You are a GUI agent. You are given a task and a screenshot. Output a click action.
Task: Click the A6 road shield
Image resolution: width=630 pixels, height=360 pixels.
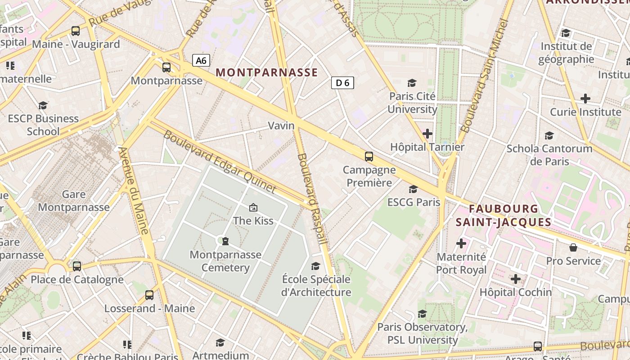point(201,60)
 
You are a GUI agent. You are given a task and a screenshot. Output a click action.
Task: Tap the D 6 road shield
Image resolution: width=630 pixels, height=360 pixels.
point(342,82)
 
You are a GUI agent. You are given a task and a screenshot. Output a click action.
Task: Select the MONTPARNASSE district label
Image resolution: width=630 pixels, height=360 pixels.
point(267,72)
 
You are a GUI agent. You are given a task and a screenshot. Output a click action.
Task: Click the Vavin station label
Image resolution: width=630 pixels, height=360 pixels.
point(281,126)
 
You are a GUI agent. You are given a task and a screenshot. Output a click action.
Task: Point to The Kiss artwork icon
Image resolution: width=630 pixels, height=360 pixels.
point(253,207)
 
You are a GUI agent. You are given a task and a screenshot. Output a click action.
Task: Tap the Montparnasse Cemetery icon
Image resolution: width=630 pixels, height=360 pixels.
point(225,241)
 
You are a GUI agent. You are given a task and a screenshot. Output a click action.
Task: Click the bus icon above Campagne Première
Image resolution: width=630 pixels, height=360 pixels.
point(369,157)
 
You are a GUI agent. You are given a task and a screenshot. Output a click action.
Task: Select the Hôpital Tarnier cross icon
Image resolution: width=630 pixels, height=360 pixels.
point(427,134)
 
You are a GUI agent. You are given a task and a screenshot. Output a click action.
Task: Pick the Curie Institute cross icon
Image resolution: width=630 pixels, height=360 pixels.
point(585,99)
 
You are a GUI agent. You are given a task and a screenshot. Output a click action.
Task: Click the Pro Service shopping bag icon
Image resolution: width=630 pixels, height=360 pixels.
point(573,247)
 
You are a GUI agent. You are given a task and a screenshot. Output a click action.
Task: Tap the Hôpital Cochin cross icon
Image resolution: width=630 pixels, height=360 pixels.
point(516,279)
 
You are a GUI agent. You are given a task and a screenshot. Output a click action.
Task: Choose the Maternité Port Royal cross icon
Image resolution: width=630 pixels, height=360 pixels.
point(461,243)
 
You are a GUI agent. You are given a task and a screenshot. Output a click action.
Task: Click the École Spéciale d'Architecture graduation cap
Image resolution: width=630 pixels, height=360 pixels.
point(316,266)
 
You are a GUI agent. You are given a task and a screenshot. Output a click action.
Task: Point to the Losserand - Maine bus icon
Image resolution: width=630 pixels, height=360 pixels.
point(149,295)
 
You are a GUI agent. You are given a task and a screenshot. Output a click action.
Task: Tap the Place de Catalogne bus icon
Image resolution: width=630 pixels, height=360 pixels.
point(77,266)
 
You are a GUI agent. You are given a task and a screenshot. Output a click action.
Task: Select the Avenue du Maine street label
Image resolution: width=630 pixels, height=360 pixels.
point(135,191)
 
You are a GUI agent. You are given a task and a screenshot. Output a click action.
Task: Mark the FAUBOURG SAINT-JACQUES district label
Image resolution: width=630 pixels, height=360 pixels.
point(504,215)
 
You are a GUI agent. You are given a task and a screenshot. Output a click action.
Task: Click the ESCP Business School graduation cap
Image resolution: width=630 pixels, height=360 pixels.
point(43,105)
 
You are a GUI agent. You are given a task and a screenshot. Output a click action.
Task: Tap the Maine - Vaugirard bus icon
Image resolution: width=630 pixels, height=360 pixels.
point(76,31)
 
